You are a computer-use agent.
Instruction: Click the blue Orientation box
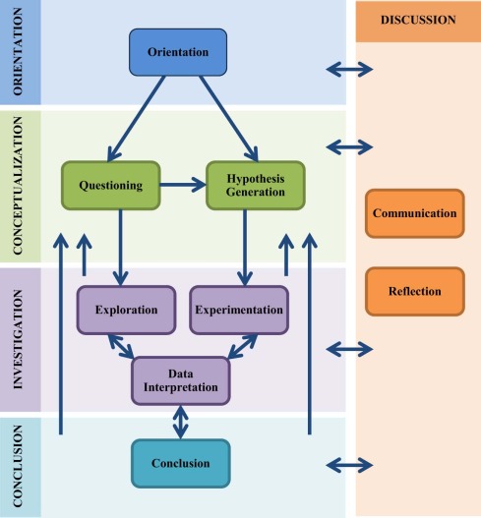tap(178, 52)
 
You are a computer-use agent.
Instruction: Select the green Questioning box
tap(111, 186)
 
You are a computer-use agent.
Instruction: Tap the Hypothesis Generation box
tap(256, 186)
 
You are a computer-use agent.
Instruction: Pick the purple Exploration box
tap(126, 310)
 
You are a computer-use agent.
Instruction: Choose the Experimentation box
tap(239, 310)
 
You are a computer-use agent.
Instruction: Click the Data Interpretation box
tap(181, 380)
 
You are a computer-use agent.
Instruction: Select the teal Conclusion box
tap(181, 463)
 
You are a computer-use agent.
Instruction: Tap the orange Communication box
tap(415, 213)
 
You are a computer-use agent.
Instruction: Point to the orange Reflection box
tap(415, 291)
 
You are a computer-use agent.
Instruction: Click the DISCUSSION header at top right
tap(418, 21)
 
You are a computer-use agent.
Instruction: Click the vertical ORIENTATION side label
tap(18, 52)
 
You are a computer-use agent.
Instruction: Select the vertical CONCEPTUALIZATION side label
tap(18, 186)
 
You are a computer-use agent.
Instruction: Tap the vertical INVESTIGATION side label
tap(18, 339)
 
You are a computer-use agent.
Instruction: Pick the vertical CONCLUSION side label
tap(18, 466)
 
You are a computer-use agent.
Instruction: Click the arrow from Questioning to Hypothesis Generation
tap(183, 185)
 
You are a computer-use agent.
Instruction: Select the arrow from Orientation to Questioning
tap(136, 119)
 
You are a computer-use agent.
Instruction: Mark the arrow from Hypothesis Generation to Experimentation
tap(245, 248)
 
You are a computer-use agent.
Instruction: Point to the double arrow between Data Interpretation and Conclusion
tap(181, 423)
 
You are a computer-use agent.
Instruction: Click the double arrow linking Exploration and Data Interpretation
tap(121, 347)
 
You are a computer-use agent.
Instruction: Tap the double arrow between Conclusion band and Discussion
tap(349, 466)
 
